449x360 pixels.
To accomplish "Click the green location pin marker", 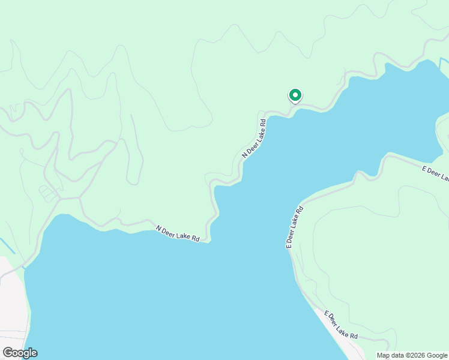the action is [x=295, y=95].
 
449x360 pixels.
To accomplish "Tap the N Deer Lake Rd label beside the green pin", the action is [x=255, y=138].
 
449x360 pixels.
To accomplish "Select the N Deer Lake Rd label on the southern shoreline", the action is [x=178, y=233].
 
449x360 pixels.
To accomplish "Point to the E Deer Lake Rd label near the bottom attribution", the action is [x=341, y=324].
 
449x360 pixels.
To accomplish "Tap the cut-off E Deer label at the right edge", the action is [x=435, y=173].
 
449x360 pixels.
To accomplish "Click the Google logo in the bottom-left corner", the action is [x=20, y=353].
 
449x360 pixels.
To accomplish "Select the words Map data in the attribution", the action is [x=390, y=355].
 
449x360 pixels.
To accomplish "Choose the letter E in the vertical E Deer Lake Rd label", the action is [x=289, y=245].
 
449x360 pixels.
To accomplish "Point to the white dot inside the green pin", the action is [x=295, y=95].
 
